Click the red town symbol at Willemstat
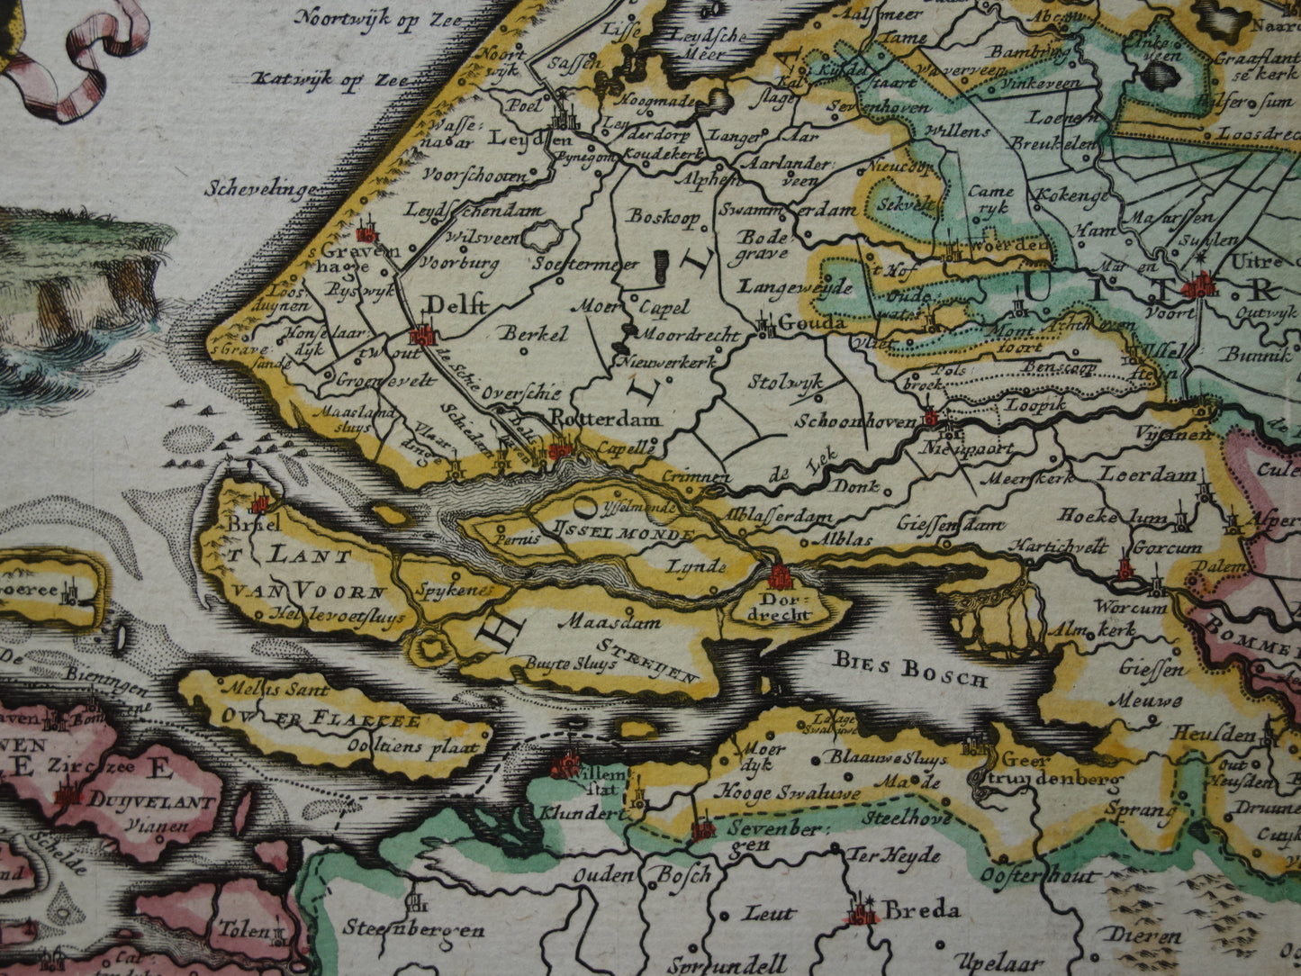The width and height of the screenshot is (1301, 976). (x=567, y=766)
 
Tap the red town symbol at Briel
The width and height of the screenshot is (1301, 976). (x=261, y=504)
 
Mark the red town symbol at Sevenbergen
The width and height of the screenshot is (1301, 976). (x=703, y=827)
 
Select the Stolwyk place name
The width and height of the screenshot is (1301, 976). (x=785, y=381)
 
